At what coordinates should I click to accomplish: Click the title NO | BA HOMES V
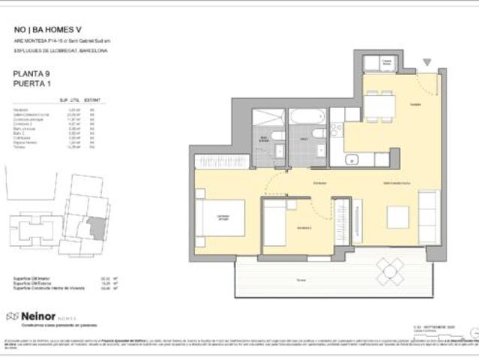[x=48, y=30]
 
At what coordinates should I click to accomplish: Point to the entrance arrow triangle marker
[x=427, y=62]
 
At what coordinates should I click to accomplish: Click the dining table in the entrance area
[x=379, y=106]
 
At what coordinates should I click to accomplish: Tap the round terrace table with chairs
[x=390, y=270]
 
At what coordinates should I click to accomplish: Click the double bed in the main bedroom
[x=223, y=218]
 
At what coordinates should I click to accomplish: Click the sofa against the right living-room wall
[x=428, y=216]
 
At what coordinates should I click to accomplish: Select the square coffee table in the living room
[x=397, y=217]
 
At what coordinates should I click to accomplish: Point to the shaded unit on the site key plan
[x=96, y=227]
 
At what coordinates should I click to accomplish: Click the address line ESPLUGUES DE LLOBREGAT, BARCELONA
[x=60, y=51]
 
